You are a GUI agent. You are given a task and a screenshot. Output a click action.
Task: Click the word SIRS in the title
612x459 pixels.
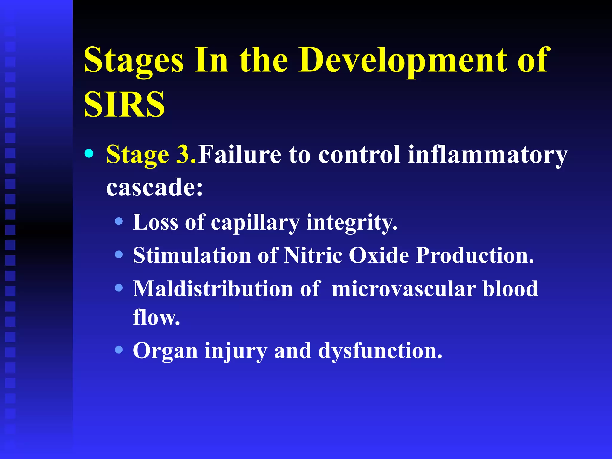point(124,104)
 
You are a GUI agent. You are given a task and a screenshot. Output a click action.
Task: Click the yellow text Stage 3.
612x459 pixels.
point(151,155)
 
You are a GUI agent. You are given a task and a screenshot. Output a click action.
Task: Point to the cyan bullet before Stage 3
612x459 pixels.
point(89,154)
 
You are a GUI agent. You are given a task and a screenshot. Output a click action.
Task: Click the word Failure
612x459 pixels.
point(239,155)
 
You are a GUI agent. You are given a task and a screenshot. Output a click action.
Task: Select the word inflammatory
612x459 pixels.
point(487,155)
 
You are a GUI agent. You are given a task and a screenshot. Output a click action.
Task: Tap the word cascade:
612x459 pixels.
point(154,187)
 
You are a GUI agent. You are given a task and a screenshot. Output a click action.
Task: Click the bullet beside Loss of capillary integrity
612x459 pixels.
point(119,221)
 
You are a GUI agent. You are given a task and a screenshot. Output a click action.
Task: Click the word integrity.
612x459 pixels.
point(352,223)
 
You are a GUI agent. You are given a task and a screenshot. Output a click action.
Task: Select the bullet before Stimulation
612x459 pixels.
point(119,255)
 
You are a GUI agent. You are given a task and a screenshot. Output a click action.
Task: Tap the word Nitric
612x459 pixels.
point(313,255)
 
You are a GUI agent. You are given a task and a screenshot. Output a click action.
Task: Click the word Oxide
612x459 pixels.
point(379,255)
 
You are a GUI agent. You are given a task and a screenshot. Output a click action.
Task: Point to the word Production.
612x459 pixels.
point(475,255)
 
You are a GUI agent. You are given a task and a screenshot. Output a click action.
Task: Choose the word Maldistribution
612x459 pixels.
point(213,289)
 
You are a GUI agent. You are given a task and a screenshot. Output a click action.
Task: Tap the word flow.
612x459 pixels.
point(156,317)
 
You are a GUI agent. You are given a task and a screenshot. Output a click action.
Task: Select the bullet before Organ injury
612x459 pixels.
point(119,350)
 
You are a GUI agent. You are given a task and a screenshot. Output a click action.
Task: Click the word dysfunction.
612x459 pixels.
point(380,351)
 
